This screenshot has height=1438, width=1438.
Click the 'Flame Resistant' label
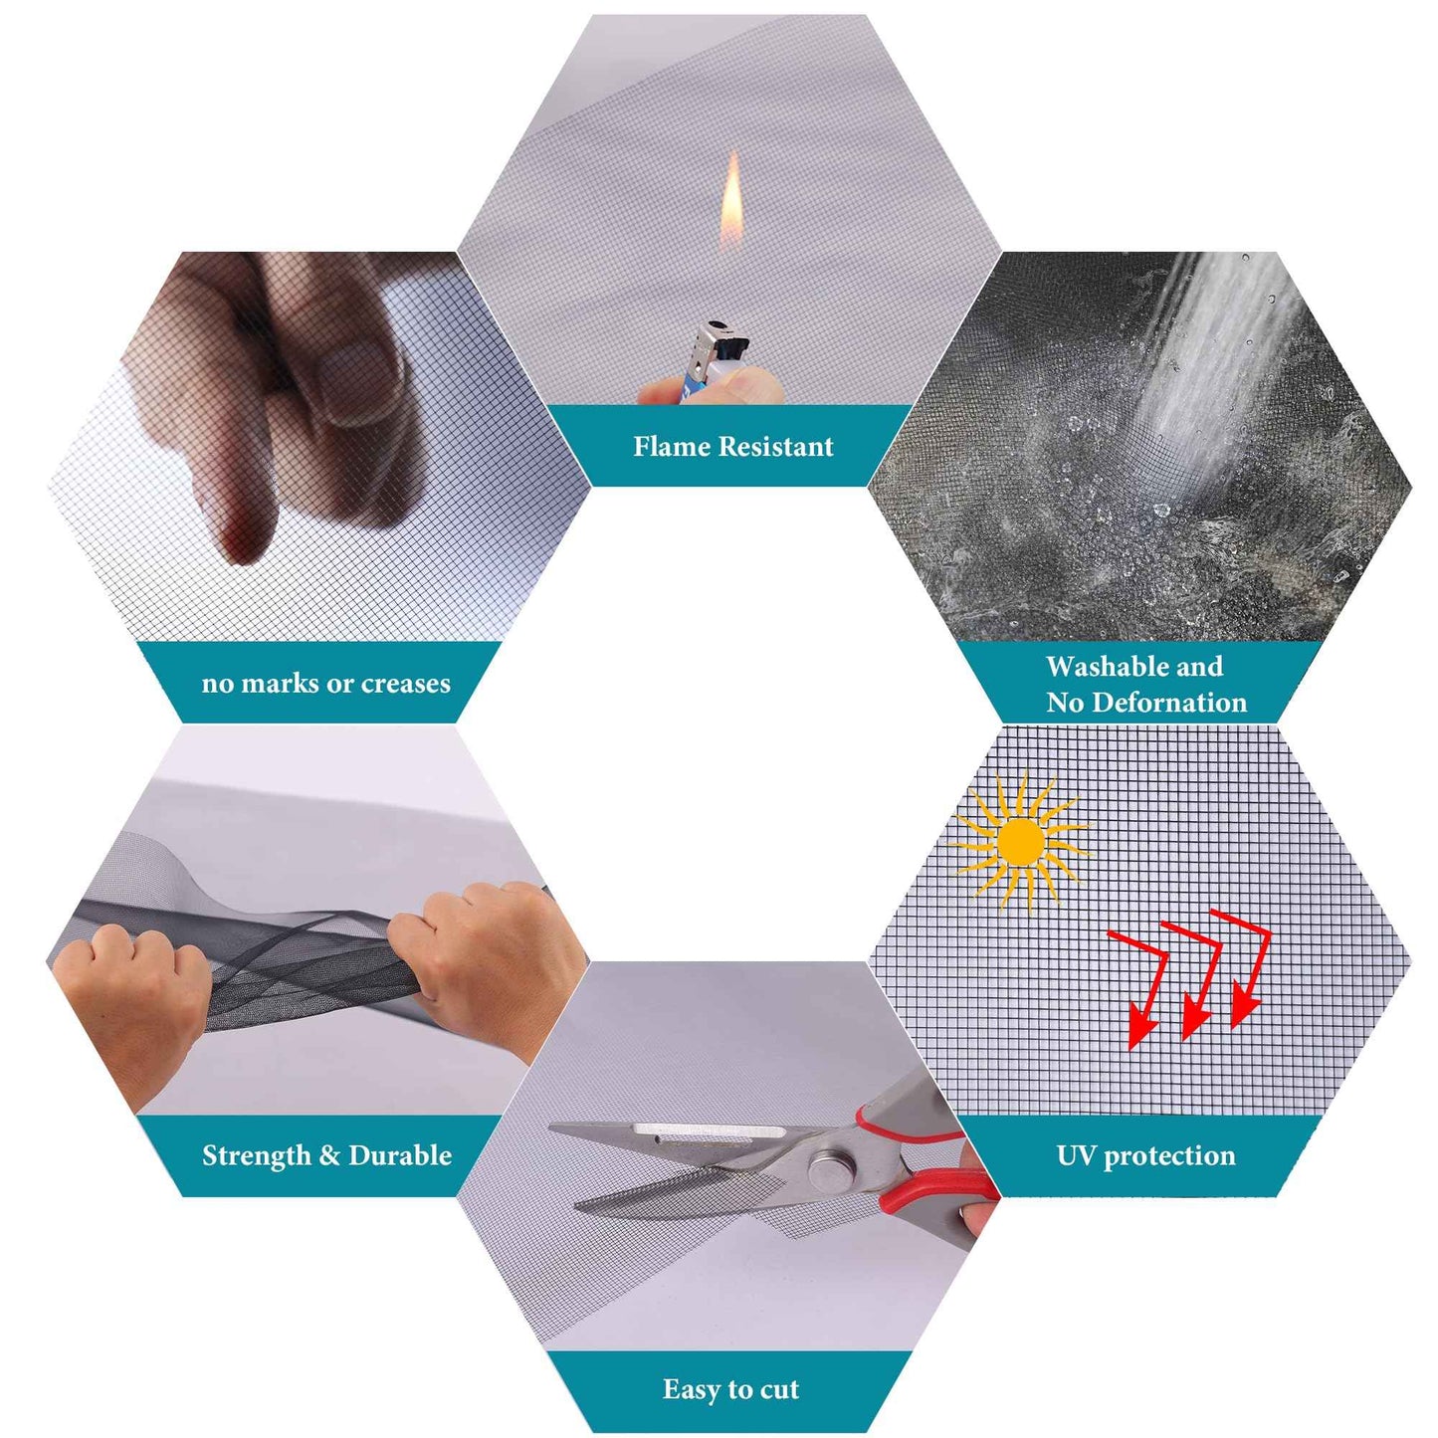(x=732, y=446)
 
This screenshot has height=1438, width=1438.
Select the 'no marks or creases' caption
(x=326, y=683)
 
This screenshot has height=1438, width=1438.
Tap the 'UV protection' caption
(x=1146, y=1155)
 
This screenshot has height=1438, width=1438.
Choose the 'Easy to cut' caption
(x=730, y=1368)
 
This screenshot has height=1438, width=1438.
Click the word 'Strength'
(x=256, y=1155)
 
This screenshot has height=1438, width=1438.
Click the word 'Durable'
(x=400, y=1155)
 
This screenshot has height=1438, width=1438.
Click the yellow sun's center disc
(x=1020, y=841)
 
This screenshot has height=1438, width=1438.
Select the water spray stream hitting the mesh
(x=1209, y=358)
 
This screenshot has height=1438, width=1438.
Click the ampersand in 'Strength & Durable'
(x=329, y=1155)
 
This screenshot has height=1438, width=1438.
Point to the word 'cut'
(x=779, y=1368)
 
